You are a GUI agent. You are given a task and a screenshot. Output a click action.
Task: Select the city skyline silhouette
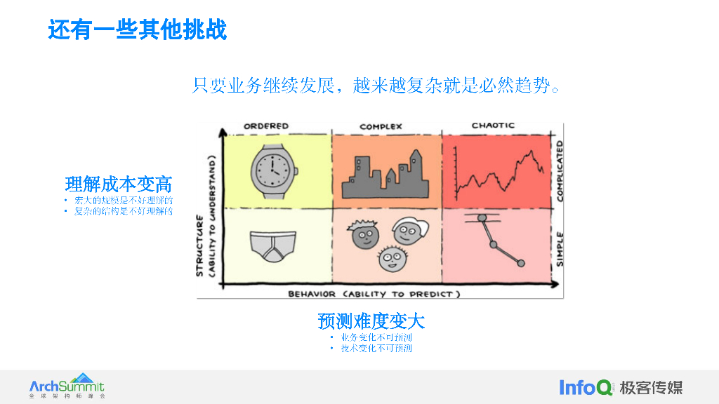click(385, 175)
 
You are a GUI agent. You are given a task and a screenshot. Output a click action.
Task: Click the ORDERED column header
click(266, 126)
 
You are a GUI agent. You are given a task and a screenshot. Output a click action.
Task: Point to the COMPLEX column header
click(381, 127)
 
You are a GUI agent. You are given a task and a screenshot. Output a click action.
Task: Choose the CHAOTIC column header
click(493, 126)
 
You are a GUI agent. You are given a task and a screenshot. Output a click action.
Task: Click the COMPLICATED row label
click(560, 170)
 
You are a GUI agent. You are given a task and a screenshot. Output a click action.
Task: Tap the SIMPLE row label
click(560, 248)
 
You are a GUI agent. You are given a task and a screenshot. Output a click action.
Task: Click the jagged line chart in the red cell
click(499, 173)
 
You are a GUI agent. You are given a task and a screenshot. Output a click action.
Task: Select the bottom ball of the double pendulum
click(521, 263)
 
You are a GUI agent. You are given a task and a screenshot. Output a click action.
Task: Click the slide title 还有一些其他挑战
click(138, 30)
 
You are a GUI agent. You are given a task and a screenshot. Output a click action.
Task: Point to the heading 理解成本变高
click(119, 184)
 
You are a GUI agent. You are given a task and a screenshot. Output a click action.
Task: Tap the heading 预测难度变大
click(371, 321)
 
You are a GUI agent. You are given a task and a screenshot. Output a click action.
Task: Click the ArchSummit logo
click(67, 386)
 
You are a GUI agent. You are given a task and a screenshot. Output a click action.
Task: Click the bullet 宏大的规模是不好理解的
click(124, 201)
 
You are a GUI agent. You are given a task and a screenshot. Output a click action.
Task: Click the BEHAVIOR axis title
click(374, 294)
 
